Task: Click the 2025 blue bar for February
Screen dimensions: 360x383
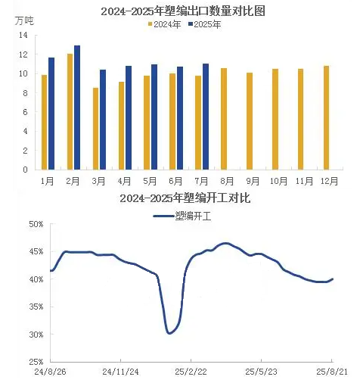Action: (77, 107)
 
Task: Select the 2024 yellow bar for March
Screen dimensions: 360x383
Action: (95, 129)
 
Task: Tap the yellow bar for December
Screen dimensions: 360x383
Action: (326, 118)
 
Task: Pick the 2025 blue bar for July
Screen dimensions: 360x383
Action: (206, 117)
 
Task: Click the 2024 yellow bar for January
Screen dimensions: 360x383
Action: (44, 123)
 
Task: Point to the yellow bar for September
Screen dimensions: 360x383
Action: (250, 121)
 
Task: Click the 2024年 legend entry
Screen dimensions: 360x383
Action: (164, 24)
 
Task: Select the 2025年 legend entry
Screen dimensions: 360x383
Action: (205, 24)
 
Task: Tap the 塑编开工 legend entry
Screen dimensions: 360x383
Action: (182, 216)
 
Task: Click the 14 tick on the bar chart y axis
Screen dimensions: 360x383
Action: (23, 35)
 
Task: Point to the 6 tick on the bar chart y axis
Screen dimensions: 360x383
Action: (25, 112)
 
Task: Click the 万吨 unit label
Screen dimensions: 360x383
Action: (24, 21)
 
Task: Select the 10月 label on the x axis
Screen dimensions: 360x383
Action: (278, 181)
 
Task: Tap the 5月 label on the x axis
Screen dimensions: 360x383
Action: (150, 181)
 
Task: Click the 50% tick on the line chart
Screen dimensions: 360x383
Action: (36, 224)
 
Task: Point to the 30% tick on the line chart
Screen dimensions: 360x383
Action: (36, 335)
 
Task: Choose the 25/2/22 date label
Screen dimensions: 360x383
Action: (191, 372)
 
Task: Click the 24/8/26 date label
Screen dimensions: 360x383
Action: (50, 372)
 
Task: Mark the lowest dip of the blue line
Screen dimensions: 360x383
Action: (169, 333)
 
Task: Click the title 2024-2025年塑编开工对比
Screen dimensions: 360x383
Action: (185, 198)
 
